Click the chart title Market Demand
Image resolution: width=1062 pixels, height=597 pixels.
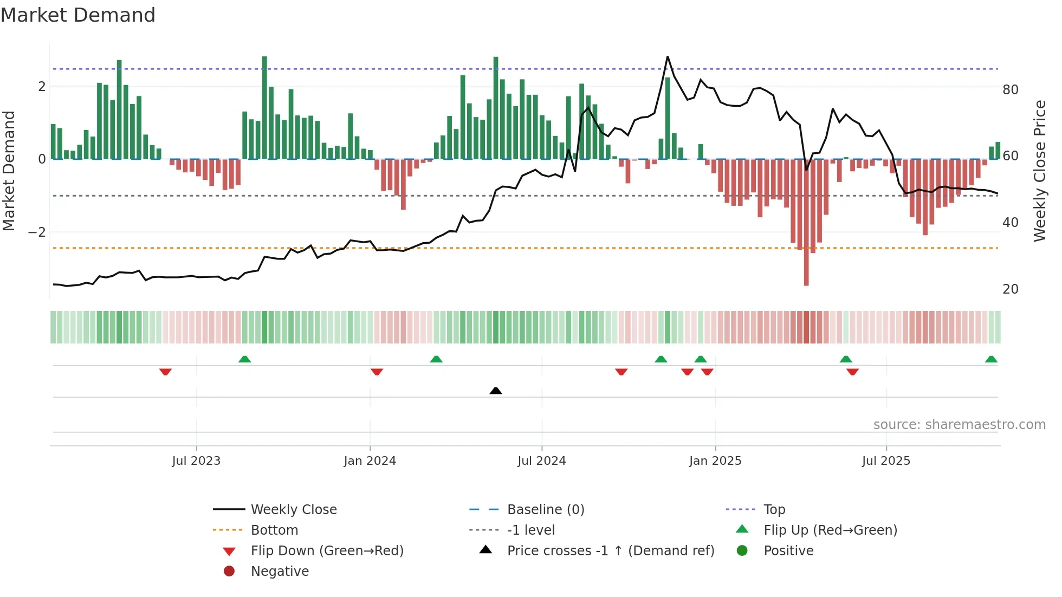tap(78, 15)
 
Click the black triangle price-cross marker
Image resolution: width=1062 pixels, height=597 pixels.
tap(495, 391)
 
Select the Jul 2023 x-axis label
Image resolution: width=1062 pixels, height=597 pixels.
tap(196, 461)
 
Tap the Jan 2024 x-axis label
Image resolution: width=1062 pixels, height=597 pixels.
tap(370, 461)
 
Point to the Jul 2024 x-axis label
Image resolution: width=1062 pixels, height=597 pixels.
tap(541, 461)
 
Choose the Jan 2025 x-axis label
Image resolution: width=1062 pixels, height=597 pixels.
tap(715, 461)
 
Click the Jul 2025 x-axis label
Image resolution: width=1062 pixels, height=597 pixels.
tap(886, 461)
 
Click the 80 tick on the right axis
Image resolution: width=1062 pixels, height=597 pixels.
tap(1010, 90)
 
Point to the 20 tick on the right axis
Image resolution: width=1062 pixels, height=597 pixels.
tap(1010, 289)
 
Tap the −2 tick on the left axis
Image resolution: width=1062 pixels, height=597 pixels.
tap(37, 232)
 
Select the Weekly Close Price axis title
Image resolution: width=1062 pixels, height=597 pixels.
tap(1039, 171)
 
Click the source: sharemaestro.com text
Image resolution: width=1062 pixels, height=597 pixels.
tap(959, 425)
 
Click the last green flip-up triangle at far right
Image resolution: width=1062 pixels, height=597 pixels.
tap(991, 359)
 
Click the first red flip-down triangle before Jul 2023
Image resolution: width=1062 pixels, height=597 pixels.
tap(165, 372)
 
